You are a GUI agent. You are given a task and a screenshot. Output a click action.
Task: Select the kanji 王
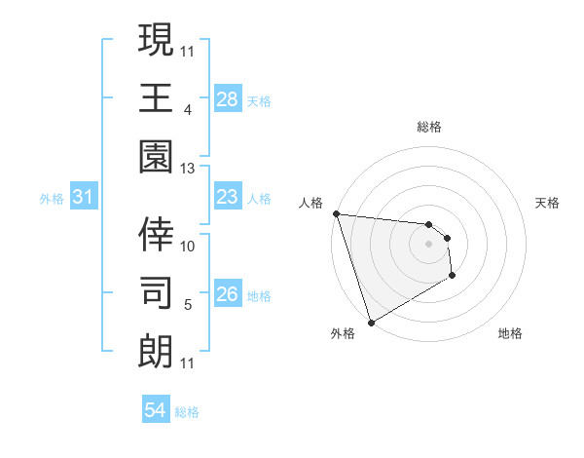pos(156,97)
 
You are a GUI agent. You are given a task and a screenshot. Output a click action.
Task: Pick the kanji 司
pos(156,292)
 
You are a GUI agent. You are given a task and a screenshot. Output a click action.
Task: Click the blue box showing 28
pos(228,98)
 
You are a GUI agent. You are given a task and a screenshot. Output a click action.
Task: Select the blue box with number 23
pos(228,198)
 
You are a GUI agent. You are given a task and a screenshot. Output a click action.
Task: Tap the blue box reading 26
pos(228,295)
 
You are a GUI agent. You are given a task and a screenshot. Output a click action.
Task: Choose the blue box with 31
pos(84,198)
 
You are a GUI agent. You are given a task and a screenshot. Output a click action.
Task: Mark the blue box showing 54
pos(156,411)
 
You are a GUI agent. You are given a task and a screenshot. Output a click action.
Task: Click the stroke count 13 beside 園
pos(188,169)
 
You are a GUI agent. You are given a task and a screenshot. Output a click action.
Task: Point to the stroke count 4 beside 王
pos(188,109)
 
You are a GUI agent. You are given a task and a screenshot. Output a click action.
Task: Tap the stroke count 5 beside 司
pos(188,305)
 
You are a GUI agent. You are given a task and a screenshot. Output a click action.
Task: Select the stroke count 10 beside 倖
pos(188,246)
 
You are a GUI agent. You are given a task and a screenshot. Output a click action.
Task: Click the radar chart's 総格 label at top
pos(429,127)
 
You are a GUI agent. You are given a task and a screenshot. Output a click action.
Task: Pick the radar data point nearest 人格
pos(336,213)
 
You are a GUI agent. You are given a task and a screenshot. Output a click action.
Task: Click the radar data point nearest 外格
pos(371,321)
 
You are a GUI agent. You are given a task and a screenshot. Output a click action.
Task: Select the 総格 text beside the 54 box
pos(187,412)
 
